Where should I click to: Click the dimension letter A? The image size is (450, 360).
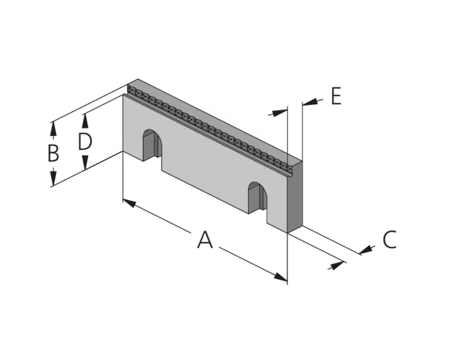[x=205, y=240]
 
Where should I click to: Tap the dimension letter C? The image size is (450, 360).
[x=390, y=239]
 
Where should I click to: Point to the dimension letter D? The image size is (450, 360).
[x=85, y=141]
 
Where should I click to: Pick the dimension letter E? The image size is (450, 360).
[x=336, y=96]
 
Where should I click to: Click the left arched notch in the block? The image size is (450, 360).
[x=152, y=145]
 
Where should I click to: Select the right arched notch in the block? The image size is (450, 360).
[x=258, y=198]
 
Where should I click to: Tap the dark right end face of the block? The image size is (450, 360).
[x=295, y=197]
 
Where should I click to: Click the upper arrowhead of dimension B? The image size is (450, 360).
[x=53, y=129]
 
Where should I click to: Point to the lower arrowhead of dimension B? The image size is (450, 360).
[x=53, y=178]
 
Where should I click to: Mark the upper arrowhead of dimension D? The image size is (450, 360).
[x=85, y=121]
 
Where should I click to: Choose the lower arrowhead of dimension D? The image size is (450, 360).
[x=85, y=162]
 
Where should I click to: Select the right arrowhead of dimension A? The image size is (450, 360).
[x=281, y=277]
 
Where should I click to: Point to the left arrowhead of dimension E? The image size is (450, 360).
[x=280, y=113]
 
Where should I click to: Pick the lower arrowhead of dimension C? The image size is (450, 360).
[x=337, y=265]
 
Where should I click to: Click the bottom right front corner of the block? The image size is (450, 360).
[x=288, y=233]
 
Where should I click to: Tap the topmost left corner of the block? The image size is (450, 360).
[x=138, y=79]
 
